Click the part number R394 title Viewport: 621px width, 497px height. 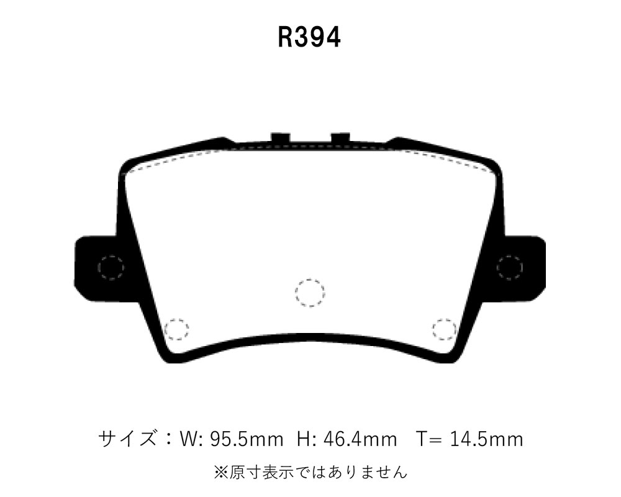[309, 38]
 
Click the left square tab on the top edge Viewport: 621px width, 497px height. [281, 137]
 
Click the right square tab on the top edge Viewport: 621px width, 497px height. [340, 137]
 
